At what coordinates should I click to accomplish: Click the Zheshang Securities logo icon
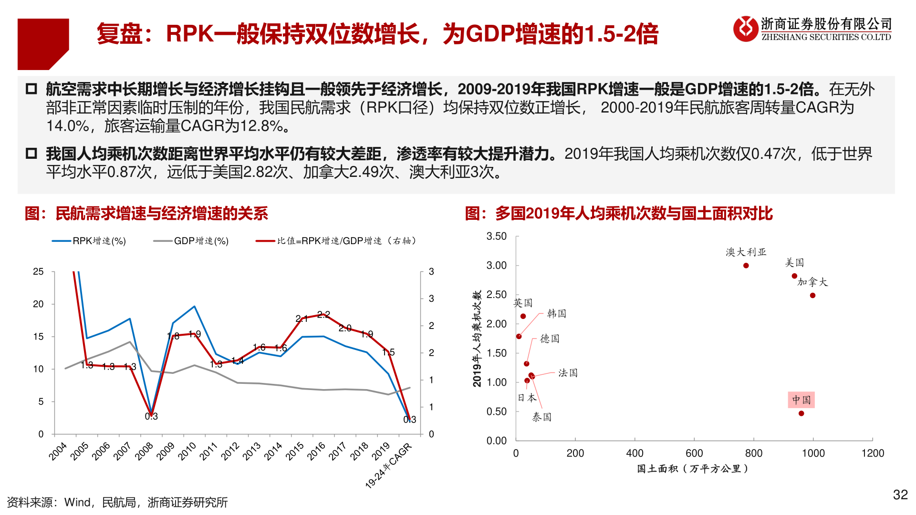(745, 29)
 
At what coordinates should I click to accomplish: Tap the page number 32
(900, 495)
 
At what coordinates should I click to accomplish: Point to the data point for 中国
(801, 413)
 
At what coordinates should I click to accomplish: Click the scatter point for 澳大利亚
(746, 266)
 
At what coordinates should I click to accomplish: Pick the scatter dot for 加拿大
(812, 296)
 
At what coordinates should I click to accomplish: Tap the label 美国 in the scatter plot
(794, 263)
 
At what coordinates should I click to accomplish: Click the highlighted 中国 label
(801, 400)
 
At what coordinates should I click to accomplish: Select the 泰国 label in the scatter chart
(541, 417)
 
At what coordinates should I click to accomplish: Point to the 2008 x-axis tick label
(144, 451)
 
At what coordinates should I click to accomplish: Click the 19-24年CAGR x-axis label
(388, 465)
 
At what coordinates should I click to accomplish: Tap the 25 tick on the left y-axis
(38, 272)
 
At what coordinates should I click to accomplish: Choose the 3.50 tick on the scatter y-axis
(496, 237)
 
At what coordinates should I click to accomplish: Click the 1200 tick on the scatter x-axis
(873, 453)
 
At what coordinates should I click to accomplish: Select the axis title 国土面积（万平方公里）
(693, 469)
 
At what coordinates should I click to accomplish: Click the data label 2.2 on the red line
(323, 315)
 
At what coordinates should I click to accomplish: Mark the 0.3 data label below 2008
(151, 417)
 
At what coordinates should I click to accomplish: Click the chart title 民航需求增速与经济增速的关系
(162, 214)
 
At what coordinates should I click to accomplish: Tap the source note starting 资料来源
(117, 503)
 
